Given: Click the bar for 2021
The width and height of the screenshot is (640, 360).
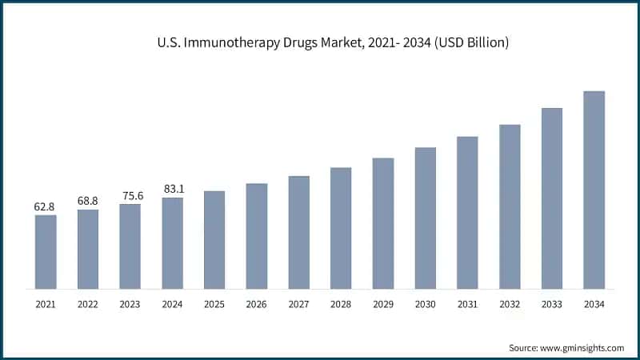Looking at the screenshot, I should point(46,251).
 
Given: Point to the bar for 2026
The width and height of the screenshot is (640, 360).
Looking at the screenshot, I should point(256,235).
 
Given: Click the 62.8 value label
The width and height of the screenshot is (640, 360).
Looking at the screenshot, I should point(46,206).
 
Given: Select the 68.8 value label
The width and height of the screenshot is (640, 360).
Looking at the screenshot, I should point(88,201).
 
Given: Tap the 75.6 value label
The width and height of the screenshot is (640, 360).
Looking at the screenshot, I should point(130,195).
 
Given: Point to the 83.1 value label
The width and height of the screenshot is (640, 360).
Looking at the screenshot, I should point(172,189).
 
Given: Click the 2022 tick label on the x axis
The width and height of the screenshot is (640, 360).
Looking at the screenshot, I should point(88,305).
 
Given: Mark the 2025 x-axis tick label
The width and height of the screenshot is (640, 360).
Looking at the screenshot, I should point(214,305).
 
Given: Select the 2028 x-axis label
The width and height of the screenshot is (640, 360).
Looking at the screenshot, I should point(341,305).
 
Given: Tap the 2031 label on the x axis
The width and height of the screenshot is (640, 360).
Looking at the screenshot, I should point(467,305).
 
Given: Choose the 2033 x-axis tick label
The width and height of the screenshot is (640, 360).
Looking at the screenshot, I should point(552,305).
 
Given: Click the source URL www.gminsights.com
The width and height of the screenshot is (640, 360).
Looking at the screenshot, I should point(583,348).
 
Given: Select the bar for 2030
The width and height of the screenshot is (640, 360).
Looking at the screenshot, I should point(426,218).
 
